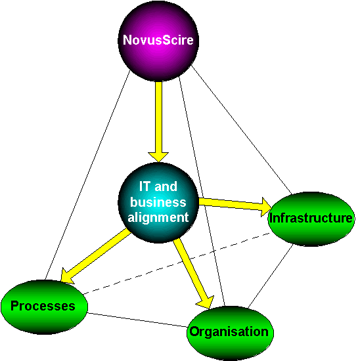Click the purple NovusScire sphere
[x=158, y=41]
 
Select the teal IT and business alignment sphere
[x=158, y=203]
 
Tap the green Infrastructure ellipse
[x=311, y=219]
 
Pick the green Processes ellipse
[x=44, y=307]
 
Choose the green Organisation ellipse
[x=230, y=333]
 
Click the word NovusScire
[x=158, y=40]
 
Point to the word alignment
[x=158, y=218]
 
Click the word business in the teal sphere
[x=158, y=202]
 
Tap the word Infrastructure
[x=311, y=218]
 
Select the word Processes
[x=43, y=306]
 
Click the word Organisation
[x=229, y=332]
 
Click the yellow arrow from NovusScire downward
[x=158, y=121]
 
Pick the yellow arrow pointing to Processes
[x=95, y=256]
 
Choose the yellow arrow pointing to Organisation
[x=193, y=273]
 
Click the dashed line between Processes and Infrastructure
[x=177, y=264]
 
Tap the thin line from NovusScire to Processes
[x=87, y=175]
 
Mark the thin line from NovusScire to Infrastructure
[x=242, y=130]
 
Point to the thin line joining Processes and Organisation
[x=138, y=320]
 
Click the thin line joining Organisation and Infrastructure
[x=271, y=276]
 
